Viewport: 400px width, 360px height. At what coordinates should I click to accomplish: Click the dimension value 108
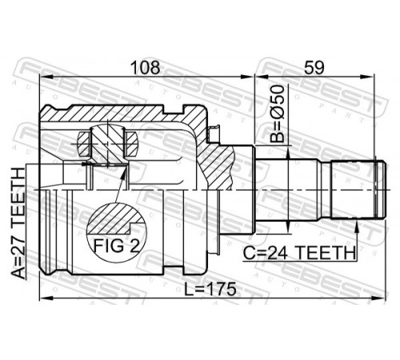(146, 68)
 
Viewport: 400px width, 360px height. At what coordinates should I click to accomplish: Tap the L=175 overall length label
(210, 289)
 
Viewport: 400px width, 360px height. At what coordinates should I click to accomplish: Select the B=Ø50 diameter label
(276, 114)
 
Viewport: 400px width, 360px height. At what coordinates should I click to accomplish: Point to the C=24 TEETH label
(299, 253)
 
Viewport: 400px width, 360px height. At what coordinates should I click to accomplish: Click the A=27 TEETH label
(18, 223)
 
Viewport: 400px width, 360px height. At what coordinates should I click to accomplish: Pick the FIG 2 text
(117, 246)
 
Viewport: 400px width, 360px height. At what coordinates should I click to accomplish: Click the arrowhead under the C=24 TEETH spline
(357, 226)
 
